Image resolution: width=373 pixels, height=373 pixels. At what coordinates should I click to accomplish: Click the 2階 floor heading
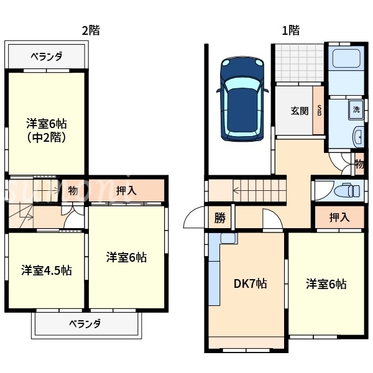(91, 30)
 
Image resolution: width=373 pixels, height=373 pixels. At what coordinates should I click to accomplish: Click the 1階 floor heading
(290, 30)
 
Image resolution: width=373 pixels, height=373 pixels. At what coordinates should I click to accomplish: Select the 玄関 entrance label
(299, 112)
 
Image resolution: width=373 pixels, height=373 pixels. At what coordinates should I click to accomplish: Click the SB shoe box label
(319, 112)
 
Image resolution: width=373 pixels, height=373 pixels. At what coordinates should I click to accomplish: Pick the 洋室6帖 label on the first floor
(326, 284)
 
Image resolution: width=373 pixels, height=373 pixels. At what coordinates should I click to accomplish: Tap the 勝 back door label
(220, 218)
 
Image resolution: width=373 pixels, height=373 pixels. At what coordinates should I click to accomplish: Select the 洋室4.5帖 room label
(46, 270)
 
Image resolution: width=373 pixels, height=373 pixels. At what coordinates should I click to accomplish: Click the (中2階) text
(47, 137)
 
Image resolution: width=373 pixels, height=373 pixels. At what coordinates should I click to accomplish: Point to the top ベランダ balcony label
(47, 57)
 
